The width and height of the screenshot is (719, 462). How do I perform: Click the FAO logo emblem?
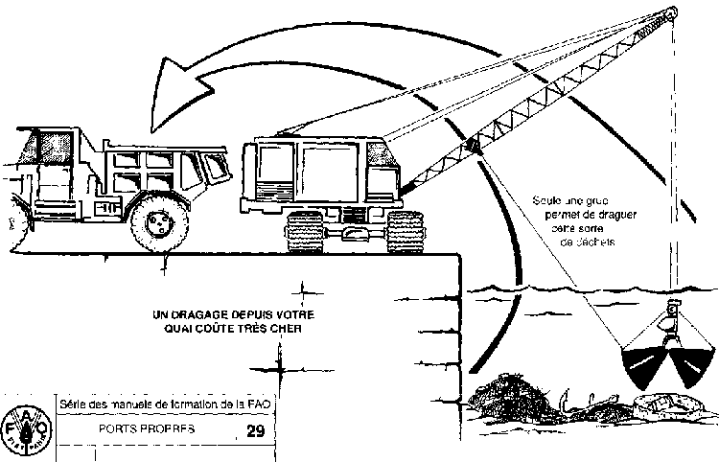click(x=26, y=428)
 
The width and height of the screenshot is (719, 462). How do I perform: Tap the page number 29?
click(x=255, y=431)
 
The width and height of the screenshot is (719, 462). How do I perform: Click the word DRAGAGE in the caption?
click(x=202, y=314)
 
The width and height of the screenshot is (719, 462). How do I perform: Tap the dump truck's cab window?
click(x=43, y=149)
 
